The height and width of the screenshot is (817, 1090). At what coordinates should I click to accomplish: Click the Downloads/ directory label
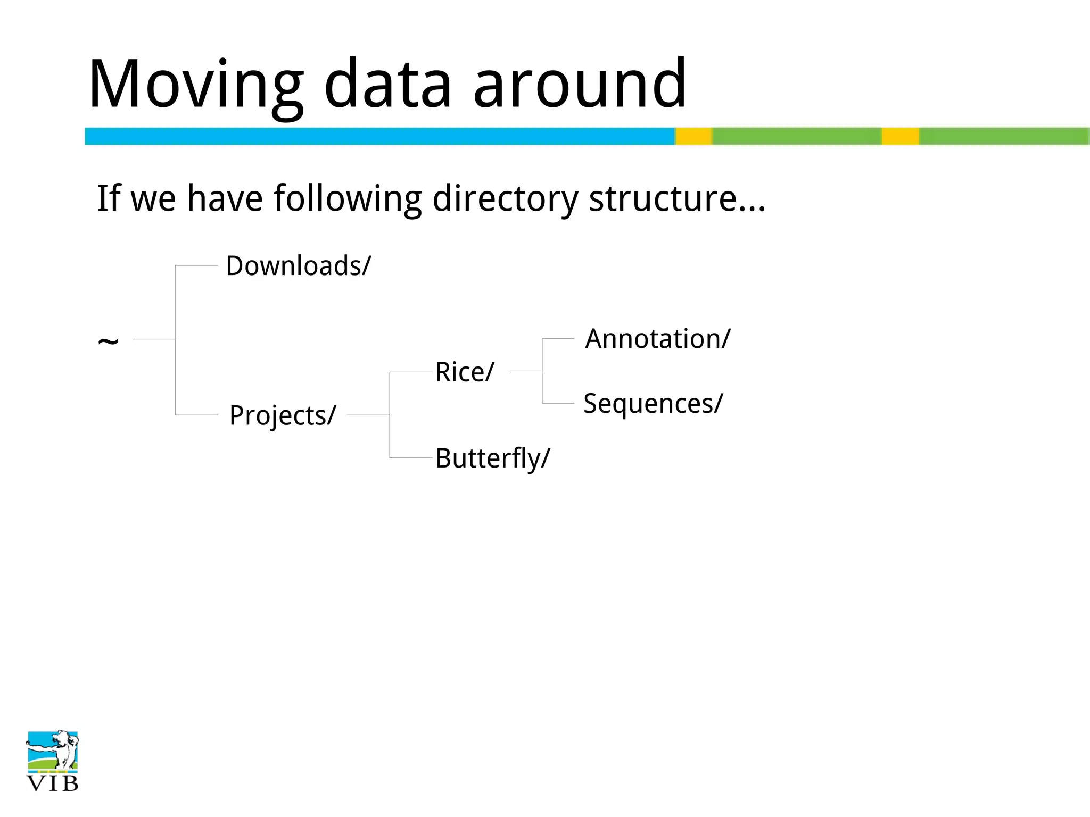[x=298, y=265]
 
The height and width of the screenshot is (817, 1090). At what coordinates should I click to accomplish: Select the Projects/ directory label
[x=283, y=415]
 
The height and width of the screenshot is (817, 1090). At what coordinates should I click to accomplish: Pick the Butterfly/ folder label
[x=492, y=458]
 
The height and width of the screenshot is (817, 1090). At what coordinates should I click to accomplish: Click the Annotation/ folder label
[x=658, y=339]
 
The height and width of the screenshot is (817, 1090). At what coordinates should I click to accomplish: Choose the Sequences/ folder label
[x=653, y=403]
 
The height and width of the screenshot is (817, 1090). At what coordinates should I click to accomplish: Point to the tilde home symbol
[x=108, y=341]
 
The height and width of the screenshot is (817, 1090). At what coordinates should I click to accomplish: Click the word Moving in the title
[x=196, y=85]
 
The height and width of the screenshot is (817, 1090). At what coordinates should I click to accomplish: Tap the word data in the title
[x=388, y=85]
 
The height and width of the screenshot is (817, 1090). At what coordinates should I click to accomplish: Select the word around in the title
[x=580, y=85]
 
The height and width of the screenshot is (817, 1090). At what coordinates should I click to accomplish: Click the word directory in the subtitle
[x=505, y=199]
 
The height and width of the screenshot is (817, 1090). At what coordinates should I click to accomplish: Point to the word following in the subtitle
[x=348, y=199]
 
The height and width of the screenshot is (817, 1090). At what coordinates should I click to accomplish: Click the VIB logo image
[x=52, y=751]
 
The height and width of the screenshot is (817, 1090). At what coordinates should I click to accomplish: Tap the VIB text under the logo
[x=52, y=783]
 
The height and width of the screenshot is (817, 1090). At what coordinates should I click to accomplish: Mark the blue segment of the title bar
[x=379, y=136]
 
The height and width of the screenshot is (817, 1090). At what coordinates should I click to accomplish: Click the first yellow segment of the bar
[x=694, y=136]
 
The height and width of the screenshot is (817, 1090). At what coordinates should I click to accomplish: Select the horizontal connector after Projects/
[x=368, y=415]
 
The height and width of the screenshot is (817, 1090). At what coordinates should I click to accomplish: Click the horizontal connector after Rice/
[x=526, y=371]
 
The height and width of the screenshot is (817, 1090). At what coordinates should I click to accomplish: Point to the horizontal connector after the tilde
[x=153, y=340]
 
